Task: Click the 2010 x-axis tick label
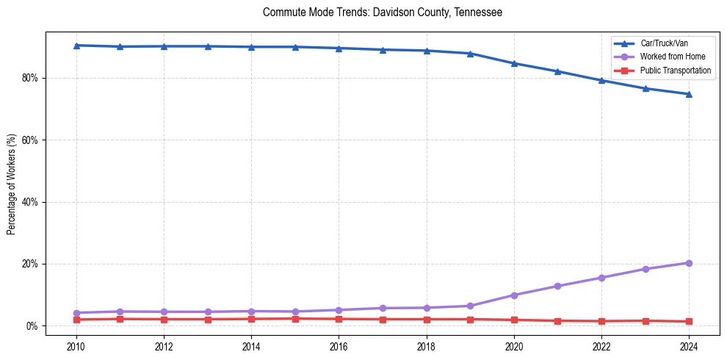(x=76, y=346)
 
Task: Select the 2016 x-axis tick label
(x=339, y=346)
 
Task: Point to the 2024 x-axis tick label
(x=689, y=346)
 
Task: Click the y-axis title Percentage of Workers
(x=12, y=184)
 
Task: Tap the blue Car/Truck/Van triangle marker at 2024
(x=689, y=94)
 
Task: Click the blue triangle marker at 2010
(x=76, y=46)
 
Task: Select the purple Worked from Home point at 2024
(x=689, y=263)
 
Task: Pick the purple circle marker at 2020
(x=514, y=295)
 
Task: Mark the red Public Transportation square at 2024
(x=689, y=321)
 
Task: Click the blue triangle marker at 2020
(x=514, y=63)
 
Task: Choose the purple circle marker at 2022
(x=601, y=278)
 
